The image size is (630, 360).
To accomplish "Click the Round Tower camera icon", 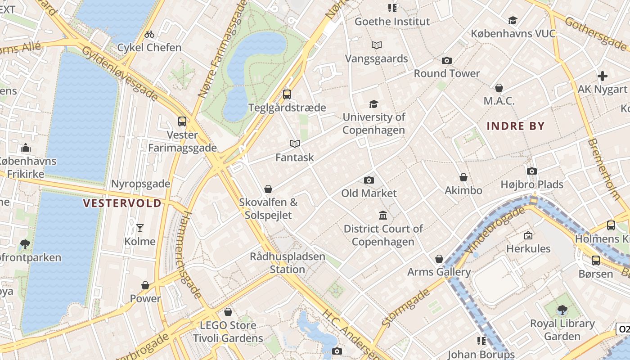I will click(x=447, y=60).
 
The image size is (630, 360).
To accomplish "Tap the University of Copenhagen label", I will click(x=374, y=124).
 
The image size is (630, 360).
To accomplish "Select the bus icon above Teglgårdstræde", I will click(x=287, y=94).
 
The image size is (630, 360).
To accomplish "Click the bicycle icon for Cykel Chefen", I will click(x=149, y=34).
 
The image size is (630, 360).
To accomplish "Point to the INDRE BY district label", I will click(x=516, y=126).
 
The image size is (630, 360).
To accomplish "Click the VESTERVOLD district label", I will click(x=122, y=203).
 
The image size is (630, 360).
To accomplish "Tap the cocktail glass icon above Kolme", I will click(x=140, y=228).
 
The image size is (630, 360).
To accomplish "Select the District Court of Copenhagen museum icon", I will click(x=383, y=216).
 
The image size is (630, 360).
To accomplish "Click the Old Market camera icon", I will click(x=369, y=180).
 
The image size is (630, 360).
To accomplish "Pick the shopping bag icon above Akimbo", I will click(x=463, y=178).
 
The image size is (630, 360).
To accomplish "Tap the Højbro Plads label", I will click(x=532, y=184).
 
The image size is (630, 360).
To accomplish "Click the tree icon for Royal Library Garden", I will click(x=562, y=310).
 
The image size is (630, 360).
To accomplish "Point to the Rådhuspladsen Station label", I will click(x=288, y=263).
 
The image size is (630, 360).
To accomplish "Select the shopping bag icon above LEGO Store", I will click(x=228, y=312).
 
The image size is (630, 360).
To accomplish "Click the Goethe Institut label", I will click(x=392, y=21).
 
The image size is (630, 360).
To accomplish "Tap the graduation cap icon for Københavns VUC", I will click(x=513, y=20).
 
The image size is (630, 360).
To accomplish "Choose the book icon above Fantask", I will click(x=295, y=144).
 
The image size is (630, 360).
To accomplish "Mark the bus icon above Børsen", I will click(x=596, y=260).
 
